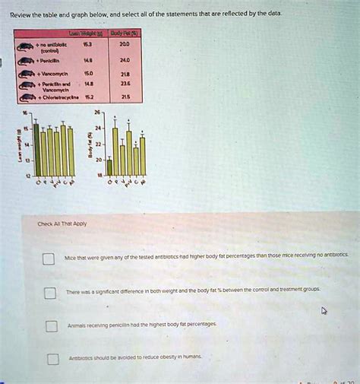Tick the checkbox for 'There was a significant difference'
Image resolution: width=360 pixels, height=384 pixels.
(50, 293)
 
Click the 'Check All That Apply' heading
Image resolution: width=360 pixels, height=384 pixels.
(58, 224)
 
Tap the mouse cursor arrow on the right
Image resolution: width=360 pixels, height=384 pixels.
(325, 311)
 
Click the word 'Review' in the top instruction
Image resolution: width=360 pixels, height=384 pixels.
(22, 13)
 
